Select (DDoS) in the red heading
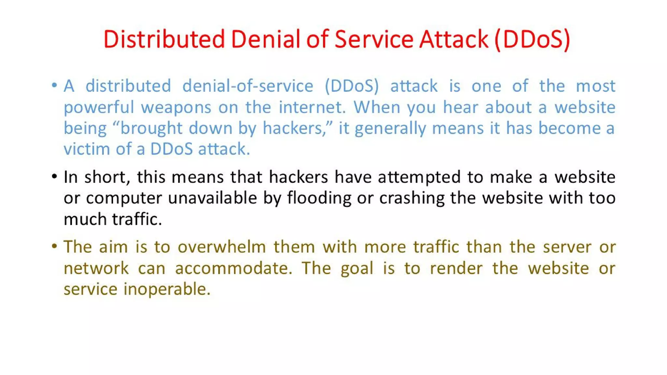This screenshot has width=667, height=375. click(x=532, y=39)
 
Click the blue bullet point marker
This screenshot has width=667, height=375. click(x=54, y=86)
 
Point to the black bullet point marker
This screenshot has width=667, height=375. click(x=54, y=176)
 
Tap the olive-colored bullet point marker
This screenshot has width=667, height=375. click(x=54, y=246)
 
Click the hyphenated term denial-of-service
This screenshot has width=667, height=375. click(x=248, y=86)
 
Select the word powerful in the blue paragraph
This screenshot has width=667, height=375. click(x=99, y=107)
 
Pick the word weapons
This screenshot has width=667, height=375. click(x=176, y=107)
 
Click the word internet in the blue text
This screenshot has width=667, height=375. click(x=312, y=107)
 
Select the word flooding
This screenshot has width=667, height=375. click(x=319, y=198)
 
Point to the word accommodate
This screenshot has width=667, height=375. click(x=233, y=268)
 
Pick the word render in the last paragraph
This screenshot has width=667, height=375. click(x=456, y=268)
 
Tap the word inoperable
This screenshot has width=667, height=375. click(x=167, y=289)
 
